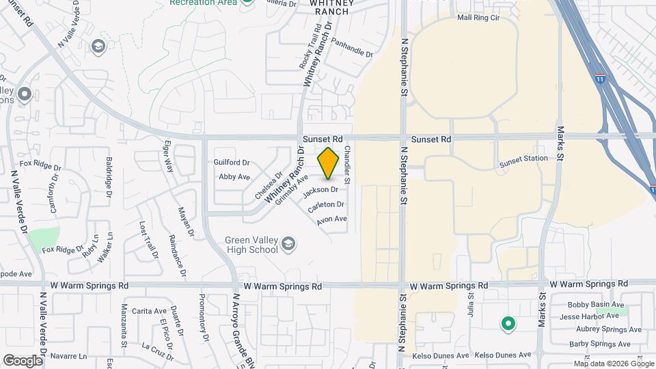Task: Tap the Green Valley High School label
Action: [x=251, y=245]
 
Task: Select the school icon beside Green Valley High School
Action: [x=289, y=243]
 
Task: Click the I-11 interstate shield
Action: [x=600, y=79]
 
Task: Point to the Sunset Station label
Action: [x=523, y=159]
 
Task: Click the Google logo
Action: [x=23, y=360]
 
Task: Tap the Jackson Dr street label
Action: [x=325, y=189]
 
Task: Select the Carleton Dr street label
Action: [x=325, y=204]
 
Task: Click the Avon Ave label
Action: [x=332, y=219]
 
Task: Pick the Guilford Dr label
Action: [x=232, y=163]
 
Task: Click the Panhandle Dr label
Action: [x=352, y=47]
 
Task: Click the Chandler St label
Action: [x=347, y=164]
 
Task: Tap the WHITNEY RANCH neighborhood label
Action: [x=332, y=7]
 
